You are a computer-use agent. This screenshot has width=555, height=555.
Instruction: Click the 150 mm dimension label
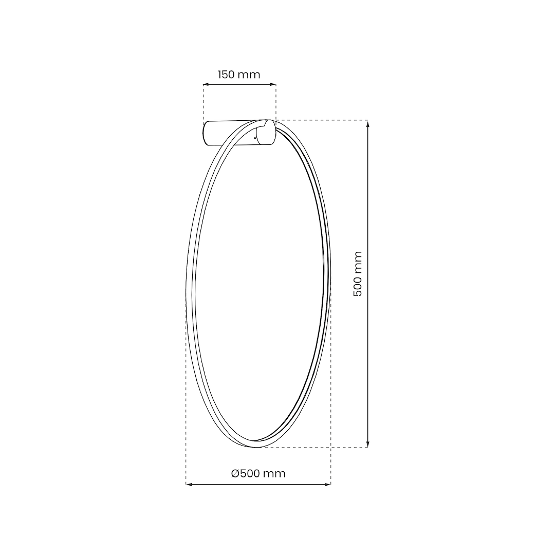point(239,75)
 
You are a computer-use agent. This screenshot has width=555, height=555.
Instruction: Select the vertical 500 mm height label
point(358,274)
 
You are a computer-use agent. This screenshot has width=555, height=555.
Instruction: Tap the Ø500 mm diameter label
point(258,473)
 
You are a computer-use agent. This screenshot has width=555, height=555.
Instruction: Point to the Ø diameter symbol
point(235,473)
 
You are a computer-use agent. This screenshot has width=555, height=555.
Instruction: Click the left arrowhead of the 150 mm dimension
point(206,85)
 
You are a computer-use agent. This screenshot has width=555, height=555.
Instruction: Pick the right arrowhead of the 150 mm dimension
point(273,85)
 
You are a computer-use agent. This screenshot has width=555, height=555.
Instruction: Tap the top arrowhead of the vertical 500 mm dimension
point(368,123)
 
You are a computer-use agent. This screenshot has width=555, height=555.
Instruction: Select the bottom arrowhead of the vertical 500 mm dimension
point(368,444)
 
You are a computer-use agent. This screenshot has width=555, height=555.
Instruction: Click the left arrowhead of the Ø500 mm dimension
point(189,484)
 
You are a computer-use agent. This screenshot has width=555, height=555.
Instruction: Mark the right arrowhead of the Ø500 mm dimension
point(328,484)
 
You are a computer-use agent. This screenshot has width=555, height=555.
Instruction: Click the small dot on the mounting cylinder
point(255,138)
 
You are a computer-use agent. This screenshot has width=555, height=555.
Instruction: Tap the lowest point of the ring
point(255,447)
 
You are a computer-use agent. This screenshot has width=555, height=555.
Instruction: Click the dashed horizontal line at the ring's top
point(324,120)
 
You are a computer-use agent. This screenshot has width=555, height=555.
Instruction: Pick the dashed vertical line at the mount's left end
point(203,103)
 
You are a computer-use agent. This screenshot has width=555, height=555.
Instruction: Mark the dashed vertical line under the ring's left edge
point(186,411)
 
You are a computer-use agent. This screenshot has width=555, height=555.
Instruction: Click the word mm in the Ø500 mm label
point(274,473)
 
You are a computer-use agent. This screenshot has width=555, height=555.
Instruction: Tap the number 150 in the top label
point(227,75)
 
